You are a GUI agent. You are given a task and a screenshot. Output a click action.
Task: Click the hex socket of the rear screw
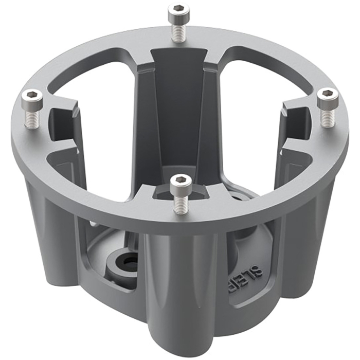[178, 10]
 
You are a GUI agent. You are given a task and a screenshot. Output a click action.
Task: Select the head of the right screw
[327, 96]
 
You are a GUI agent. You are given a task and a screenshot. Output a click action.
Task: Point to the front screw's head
[181, 182]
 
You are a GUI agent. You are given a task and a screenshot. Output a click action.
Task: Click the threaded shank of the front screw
[181, 203]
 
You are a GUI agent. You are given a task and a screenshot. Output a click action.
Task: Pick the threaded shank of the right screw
[327, 116]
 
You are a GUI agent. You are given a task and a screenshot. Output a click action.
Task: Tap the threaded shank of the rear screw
[178, 31]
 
